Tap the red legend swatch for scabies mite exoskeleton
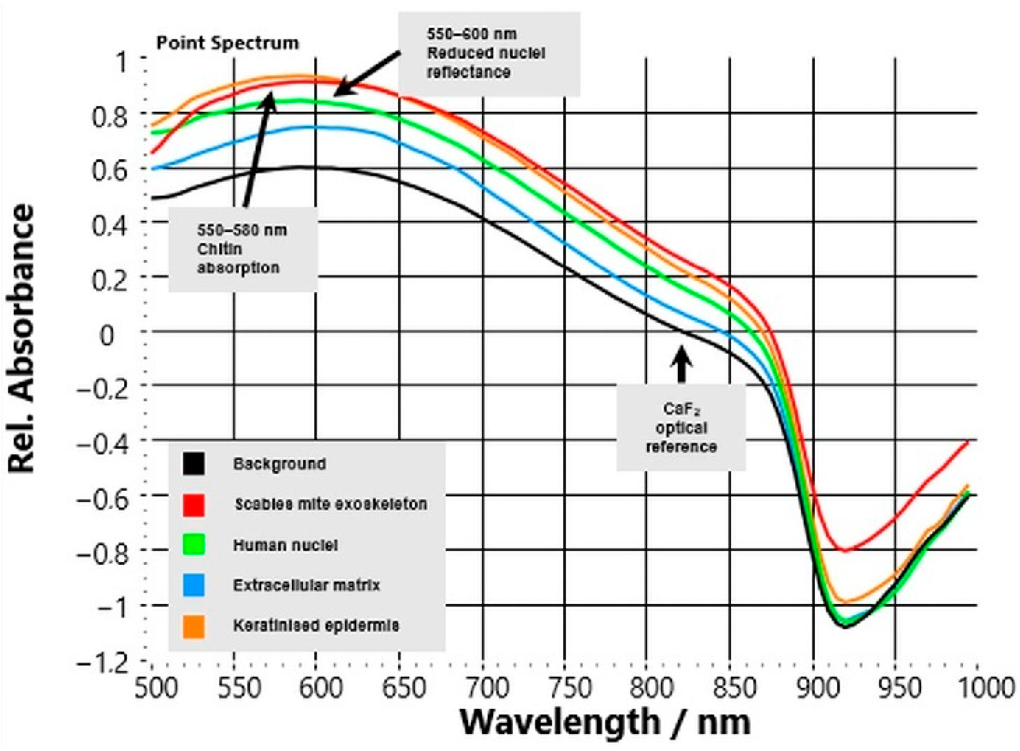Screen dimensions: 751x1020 click(x=194, y=505)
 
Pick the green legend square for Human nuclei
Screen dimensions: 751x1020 click(x=194, y=545)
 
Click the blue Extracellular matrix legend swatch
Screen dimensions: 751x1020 click(x=194, y=585)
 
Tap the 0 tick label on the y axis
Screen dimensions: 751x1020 click(x=107, y=336)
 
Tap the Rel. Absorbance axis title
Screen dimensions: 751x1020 click(x=22, y=339)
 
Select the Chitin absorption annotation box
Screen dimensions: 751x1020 click(x=243, y=249)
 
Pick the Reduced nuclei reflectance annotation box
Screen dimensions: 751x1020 click(x=489, y=54)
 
